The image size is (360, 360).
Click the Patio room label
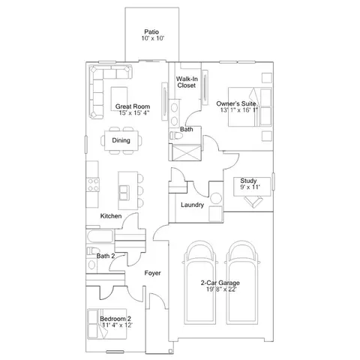(x=151, y=32)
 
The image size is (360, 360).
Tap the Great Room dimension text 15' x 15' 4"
(x=134, y=112)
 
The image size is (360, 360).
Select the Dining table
(x=121, y=140)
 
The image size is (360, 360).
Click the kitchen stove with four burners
(x=93, y=184)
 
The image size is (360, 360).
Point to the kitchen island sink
(x=124, y=193)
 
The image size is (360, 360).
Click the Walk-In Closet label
(x=187, y=82)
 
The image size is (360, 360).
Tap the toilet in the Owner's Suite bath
(x=176, y=136)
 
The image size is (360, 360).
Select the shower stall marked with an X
(x=187, y=152)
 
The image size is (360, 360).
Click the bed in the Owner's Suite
(x=250, y=107)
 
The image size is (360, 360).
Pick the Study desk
(x=252, y=187)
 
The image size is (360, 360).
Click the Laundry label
(x=192, y=205)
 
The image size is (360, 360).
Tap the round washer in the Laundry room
(x=216, y=199)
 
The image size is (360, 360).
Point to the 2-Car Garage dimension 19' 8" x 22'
(x=221, y=289)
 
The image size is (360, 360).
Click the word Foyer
(x=152, y=273)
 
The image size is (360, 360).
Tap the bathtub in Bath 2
(x=100, y=236)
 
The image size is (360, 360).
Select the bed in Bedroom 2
(x=107, y=324)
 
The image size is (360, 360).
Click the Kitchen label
(x=111, y=216)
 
